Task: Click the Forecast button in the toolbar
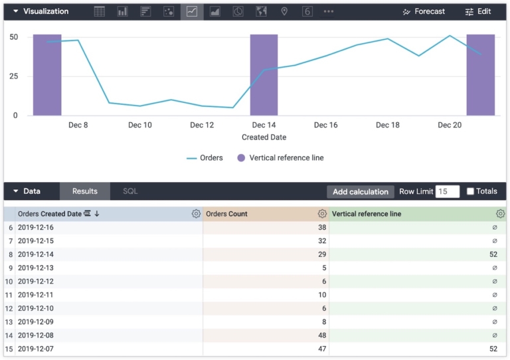[x=424, y=12]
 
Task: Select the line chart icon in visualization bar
[x=192, y=12]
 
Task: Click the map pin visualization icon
[x=284, y=12]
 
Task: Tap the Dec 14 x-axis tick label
[x=264, y=125]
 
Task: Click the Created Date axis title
[x=264, y=137]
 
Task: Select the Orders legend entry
[x=205, y=158]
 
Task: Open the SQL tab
[x=130, y=191]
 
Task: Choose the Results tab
[x=85, y=191]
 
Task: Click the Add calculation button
[x=360, y=192]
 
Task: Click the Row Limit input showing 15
[x=447, y=191]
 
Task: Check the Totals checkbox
[x=470, y=191]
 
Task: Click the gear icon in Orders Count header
[x=322, y=214]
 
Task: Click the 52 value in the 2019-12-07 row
[x=493, y=349]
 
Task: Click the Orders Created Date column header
[x=50, y=214]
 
